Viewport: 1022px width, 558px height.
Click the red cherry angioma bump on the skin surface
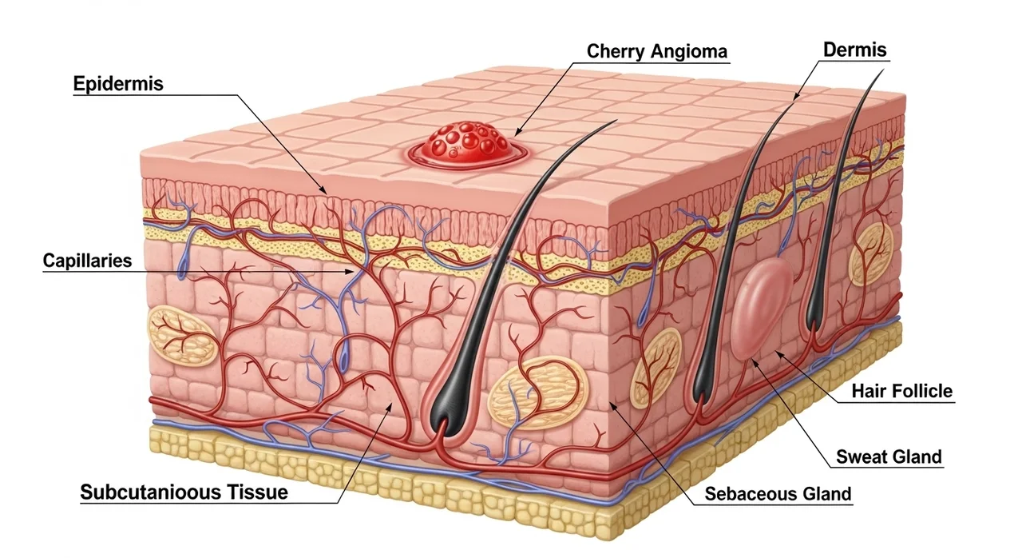pos(467,145)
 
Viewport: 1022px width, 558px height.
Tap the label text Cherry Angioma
pos(656,51)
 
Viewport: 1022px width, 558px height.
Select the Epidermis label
pos(118,84)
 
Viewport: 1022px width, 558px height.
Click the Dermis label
pos(854,50)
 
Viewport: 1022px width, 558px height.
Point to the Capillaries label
pos(87,261)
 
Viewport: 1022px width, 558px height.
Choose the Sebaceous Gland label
pos(778,493)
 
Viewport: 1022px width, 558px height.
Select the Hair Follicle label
pos(902,392)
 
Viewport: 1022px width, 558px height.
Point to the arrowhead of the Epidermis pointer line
pos(323,190)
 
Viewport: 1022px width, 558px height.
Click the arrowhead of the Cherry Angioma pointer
pos(518,132)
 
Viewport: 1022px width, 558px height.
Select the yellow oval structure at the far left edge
pos(181,336)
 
